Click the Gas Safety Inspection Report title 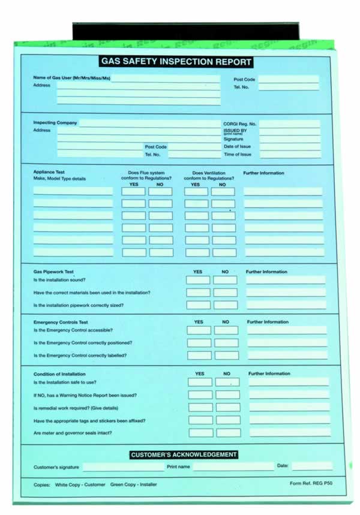coord(176,62)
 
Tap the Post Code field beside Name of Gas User coord(288,79)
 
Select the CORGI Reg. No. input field coord(289,124)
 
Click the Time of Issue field coord(290,155)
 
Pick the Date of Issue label coord(237,146)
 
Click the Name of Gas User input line coord(166,78)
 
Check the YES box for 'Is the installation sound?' coord(198,280)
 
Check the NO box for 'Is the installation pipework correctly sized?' coord(225,305)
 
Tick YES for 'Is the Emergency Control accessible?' coord(199,330)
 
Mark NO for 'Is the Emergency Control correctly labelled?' coord(226,356)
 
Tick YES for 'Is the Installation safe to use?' coord(200,382)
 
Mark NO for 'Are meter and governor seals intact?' coord(228,433)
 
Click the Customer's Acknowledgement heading coord(184,455)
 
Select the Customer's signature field coord(123,467)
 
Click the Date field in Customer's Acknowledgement coord(312,466)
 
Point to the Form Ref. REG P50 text coord(310,483)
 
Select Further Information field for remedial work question coord(289,407)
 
